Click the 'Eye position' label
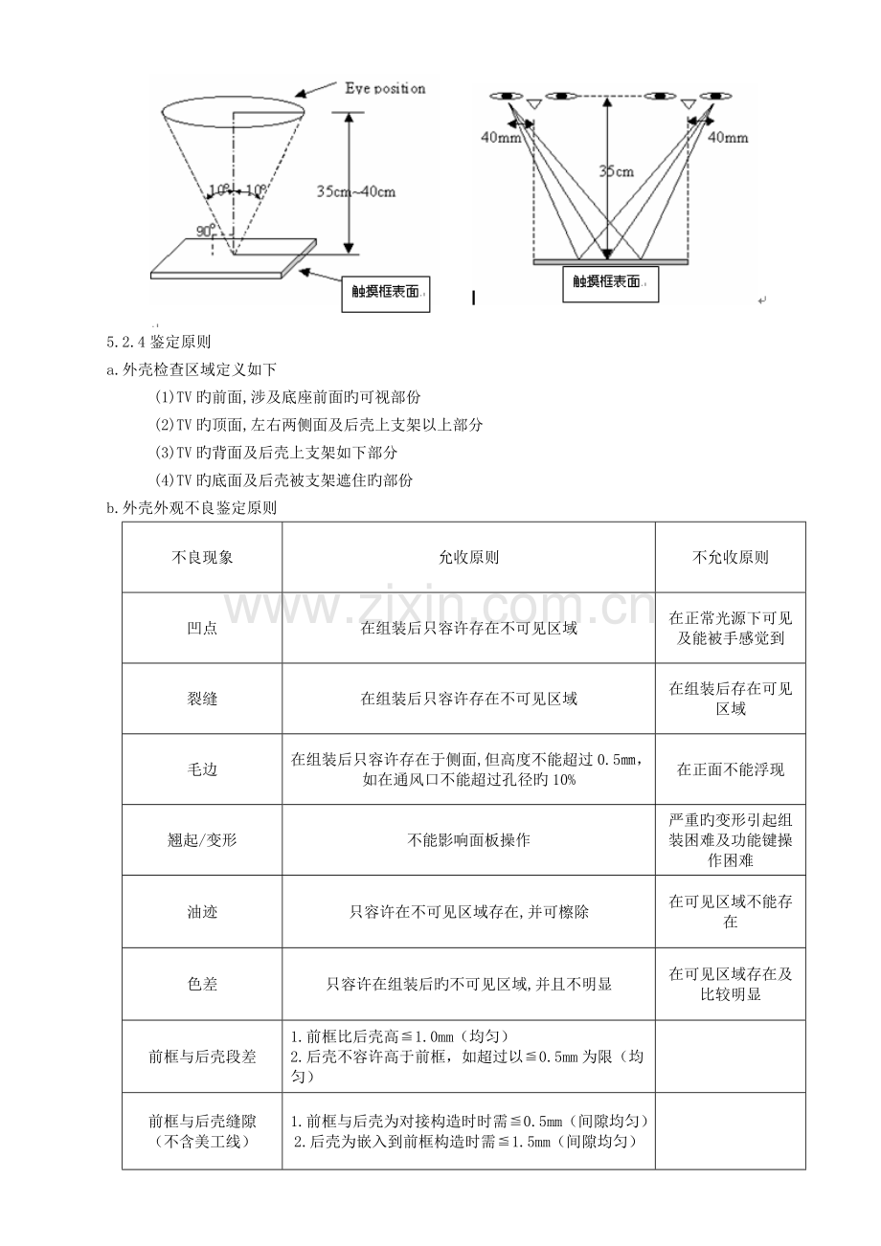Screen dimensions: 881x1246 pos(385,88)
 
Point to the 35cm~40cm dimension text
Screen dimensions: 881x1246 pos(356,192)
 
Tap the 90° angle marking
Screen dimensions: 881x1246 pos(205,231)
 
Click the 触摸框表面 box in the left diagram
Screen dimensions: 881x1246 pos(386,294)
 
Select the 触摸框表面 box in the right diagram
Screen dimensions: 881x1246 pos(611,283)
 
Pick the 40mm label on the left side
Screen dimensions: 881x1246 pos(500,138)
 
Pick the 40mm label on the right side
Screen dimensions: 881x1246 pos(728,138)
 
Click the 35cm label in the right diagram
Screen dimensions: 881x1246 pos(616,172)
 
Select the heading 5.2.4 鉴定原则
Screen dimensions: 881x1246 pos(159,342)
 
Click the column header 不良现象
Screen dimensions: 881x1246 pos(202,557)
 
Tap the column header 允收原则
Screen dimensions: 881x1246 pos(468,557)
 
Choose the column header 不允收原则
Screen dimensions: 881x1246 pos(731,557)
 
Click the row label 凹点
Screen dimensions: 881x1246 pos(202,628)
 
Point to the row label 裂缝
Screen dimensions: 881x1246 pos(202,699)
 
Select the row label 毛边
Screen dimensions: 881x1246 pos(202,769)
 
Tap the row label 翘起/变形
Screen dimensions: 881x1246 pos(202,840)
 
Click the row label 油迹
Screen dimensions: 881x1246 pos(202,912)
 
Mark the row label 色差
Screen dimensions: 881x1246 pos(202,984)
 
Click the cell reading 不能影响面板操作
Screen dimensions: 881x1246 pos(468,840)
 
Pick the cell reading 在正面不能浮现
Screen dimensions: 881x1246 pos(731,769)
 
